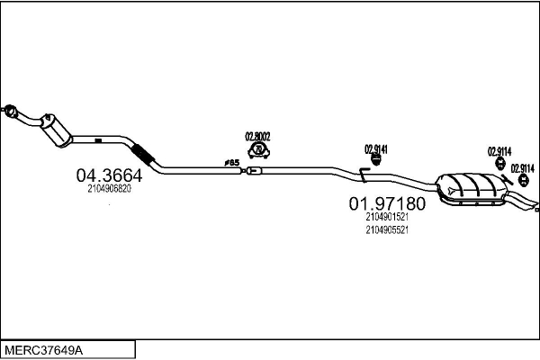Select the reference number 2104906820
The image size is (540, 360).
(109, 189)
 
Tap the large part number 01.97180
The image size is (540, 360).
(387, 204)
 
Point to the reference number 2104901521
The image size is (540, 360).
(387, 217)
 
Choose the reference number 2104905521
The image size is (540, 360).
(387, 229)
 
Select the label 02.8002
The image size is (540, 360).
(258, 136)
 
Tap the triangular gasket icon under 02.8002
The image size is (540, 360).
(258, 149)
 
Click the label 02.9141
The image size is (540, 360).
(375, 148)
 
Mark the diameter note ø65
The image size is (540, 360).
(230, 163)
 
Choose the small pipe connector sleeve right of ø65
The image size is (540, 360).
(253, 170)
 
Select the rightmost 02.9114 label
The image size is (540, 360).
(523, 167)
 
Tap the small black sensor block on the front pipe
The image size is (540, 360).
(95, 139)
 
